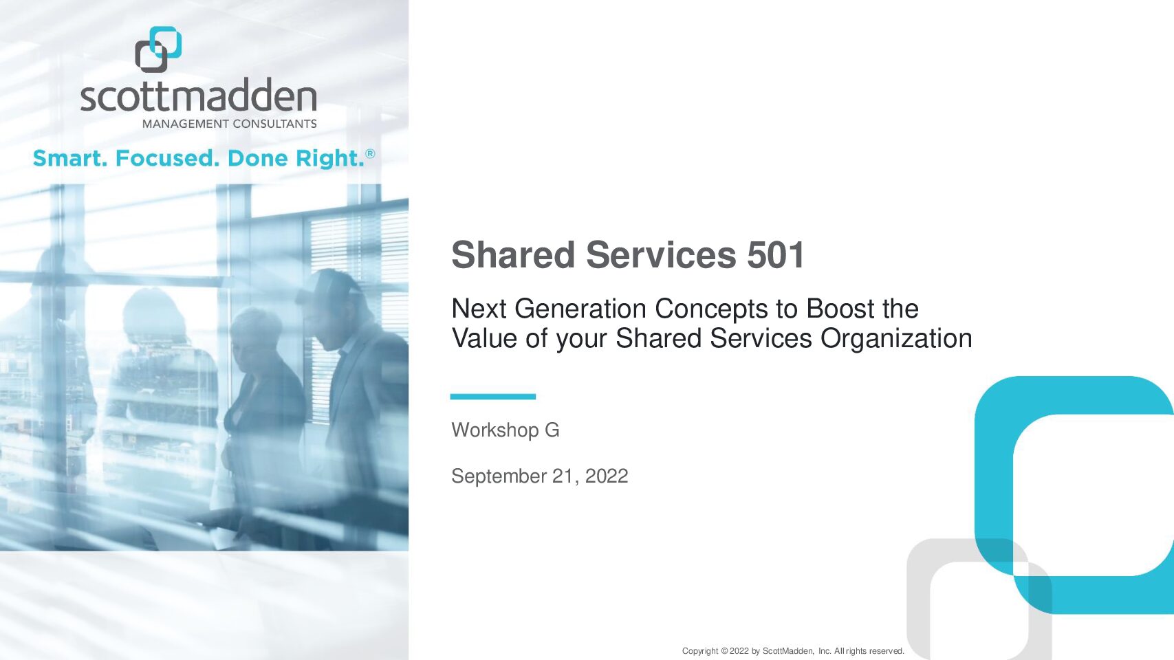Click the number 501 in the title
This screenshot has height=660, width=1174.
point(776,255)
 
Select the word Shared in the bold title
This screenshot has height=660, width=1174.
point(513,255)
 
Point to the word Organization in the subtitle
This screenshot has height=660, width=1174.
point(896,338)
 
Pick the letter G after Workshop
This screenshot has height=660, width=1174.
point(552,430)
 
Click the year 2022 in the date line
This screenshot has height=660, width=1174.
point(607,476)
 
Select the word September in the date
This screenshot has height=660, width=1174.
point(499,476)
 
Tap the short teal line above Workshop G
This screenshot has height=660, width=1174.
point(492,397)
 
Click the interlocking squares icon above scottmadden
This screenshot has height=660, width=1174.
point(158,49)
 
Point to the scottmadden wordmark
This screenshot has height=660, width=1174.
point(199,95)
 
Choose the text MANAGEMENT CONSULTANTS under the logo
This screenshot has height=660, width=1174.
point(230,124)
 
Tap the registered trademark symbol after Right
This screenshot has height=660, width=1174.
point(370,153)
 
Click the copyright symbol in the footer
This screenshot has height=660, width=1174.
point(724,651)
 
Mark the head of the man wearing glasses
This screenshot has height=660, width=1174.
point(333,309)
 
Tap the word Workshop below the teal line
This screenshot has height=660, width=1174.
point(494,430)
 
